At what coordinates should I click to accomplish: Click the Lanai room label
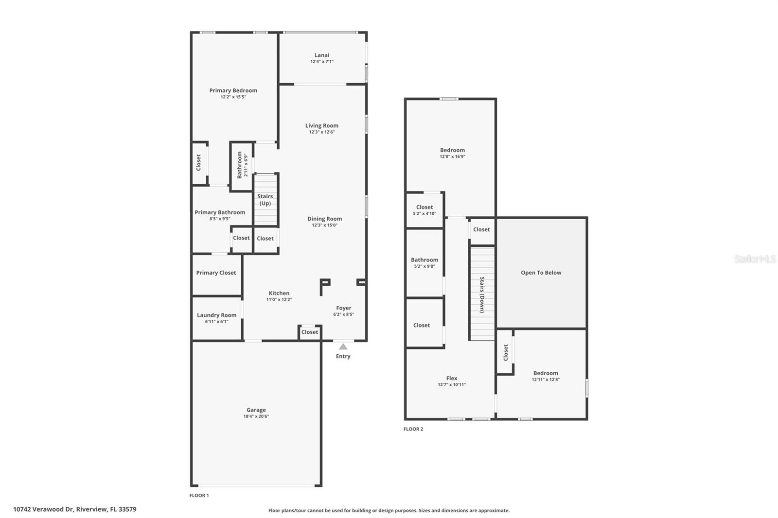pos(321,55)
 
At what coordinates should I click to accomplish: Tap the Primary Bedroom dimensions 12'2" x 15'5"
pos(233,97)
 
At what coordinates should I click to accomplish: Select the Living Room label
pos(321,125)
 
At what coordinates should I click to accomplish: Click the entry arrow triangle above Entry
pos(343,346)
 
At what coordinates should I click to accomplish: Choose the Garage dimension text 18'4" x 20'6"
pos(256,416)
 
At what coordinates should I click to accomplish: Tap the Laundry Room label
pos(216,315)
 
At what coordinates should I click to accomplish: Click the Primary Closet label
pos(216,273)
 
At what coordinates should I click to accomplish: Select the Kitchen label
pos(279,293)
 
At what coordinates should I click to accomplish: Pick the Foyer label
pos(343,308)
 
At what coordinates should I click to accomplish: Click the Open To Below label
pos(541,273)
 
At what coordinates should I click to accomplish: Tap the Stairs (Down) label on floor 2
pos(482,294)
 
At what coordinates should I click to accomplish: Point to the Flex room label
pos(452,378)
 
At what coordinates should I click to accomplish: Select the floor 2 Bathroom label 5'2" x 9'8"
pos(424,260)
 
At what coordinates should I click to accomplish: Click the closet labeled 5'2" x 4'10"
pos(424,210)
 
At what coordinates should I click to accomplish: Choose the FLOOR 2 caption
pos(413,429)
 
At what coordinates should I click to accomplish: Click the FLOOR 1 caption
pos(199,496)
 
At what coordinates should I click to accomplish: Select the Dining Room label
pos(324,219)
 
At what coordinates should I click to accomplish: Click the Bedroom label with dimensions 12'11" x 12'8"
pos(546,373)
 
